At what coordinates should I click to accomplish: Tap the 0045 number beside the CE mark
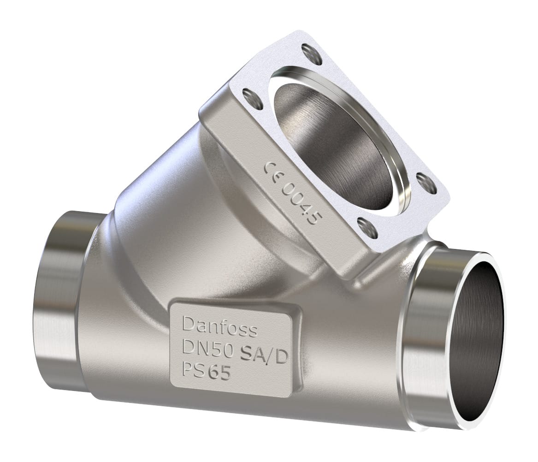pyautogui.click(x=302, y=203)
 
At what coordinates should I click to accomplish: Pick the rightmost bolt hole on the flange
pyautogui.click(x=426, y=183)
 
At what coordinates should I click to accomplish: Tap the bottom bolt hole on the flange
pyautogui.click(x=367, y=227)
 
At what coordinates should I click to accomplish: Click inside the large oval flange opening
pyautogui.click(x=337, y=143)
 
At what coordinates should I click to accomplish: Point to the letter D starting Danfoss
pyautogui.click(x=189, y=324)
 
